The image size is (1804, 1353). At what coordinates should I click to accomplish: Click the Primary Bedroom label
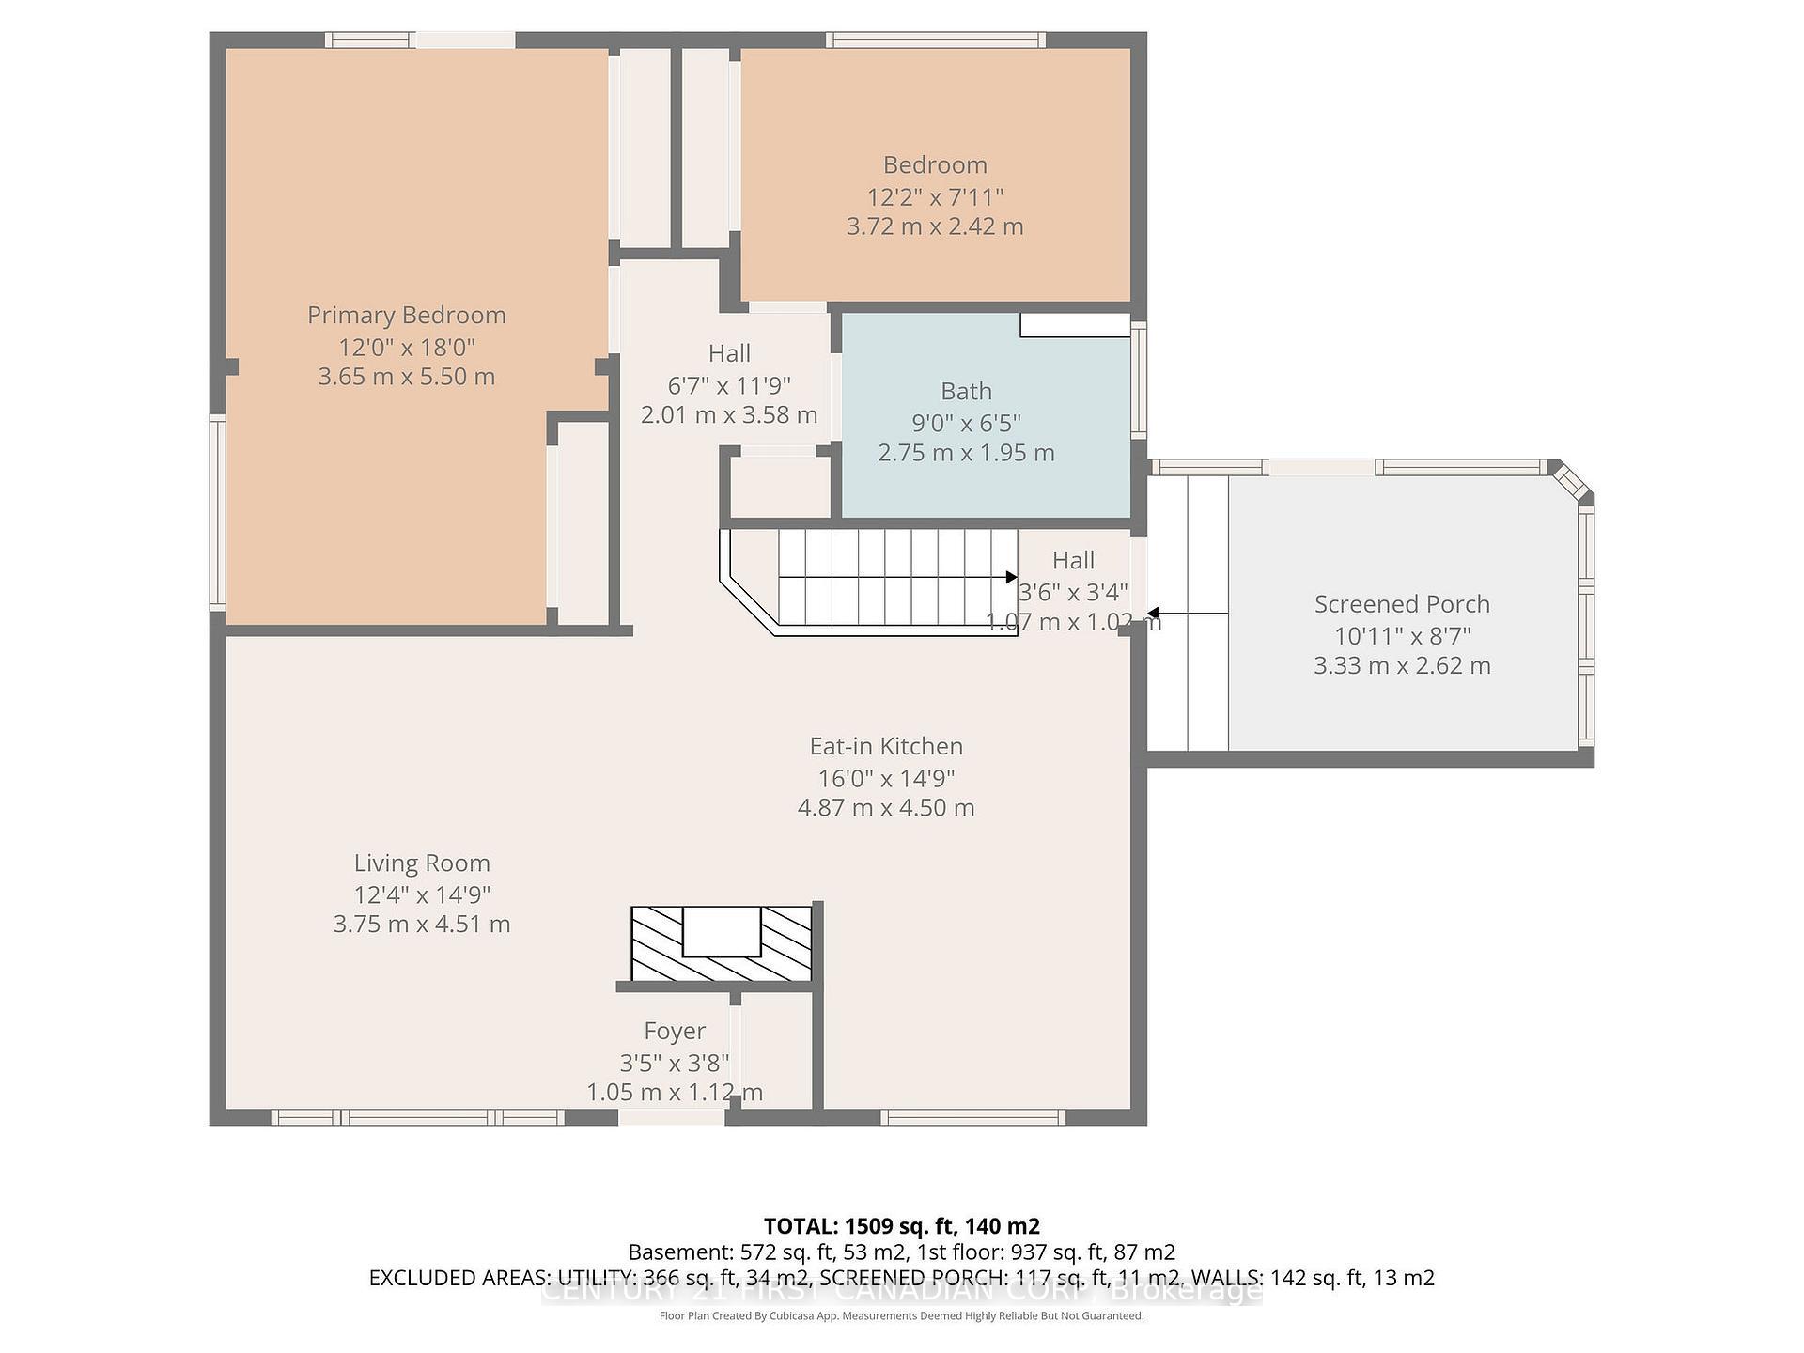pos(406,315)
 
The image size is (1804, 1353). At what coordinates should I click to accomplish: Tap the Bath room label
pos(966,391)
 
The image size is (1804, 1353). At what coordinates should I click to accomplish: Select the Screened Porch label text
pos(1402,604)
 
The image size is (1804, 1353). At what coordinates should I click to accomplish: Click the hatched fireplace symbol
pos(721,943)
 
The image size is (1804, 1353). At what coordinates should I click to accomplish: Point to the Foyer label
pos(674,1031)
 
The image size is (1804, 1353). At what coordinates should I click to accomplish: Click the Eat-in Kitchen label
pos(886,746)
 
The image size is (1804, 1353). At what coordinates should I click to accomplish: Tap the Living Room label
pos(422,863)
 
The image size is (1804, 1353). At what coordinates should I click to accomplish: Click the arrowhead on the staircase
pos(1011,577)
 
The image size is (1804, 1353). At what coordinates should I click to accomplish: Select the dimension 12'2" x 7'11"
pos(935,197)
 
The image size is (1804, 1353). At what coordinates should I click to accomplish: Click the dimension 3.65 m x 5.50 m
pos(406,377)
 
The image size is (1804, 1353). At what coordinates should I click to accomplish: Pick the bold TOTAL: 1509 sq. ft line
pos(901,1226)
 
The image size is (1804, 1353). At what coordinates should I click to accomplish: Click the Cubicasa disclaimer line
pos(901,1316)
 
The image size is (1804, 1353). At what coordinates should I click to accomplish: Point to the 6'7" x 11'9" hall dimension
pos(729,385)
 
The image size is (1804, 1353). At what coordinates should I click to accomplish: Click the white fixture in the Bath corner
pos(1075,325)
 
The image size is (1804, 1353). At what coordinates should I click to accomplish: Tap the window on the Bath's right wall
pos(1139,380)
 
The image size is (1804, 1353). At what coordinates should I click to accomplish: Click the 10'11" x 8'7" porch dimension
pos(1402,636)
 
